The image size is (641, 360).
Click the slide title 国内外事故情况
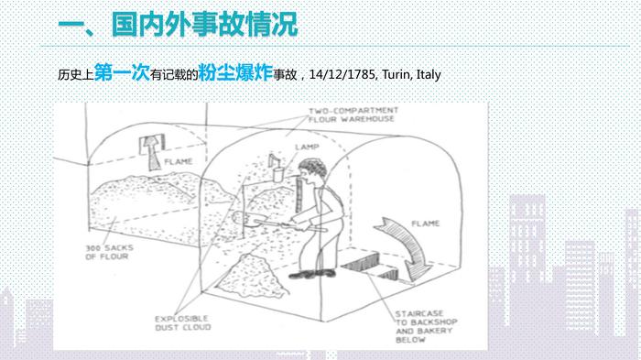205,26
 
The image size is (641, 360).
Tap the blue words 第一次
122,72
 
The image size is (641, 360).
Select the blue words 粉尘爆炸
235,72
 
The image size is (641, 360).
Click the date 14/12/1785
342,74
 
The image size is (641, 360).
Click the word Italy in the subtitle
429,75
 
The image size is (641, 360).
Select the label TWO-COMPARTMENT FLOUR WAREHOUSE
353,115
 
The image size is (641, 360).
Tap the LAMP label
307,147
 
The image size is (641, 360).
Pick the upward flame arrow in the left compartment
153,152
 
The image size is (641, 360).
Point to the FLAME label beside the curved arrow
425,224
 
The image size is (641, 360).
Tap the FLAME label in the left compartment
179,161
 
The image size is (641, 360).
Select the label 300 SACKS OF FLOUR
109,252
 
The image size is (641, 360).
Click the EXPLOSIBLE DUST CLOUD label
183,322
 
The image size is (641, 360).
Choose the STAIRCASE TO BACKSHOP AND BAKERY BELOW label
426,326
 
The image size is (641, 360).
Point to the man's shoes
312,273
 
